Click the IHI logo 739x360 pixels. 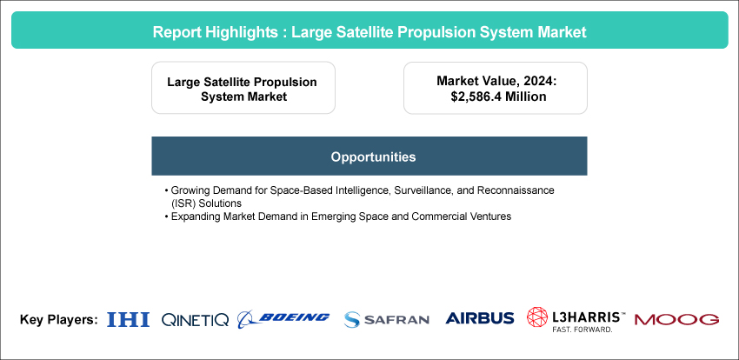tap(128, 319)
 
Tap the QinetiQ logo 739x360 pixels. tap(195, 320)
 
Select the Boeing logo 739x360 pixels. tap(283, 318)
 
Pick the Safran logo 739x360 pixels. tap(387, 319)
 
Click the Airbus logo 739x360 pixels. tap(480, 318)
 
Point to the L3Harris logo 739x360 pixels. tap(576, 320)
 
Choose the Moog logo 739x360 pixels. tap(676, 319)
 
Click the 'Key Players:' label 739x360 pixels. tap(59, 319)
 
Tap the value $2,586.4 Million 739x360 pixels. tap(499, 97)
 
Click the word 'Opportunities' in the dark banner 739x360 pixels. tap(373, 157)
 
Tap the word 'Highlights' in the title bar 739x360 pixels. tap(250, 32)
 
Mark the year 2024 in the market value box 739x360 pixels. tap(543, 81)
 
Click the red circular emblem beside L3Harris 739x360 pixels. tap(537, 317)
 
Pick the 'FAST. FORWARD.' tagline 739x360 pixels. tap(583, 330)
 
